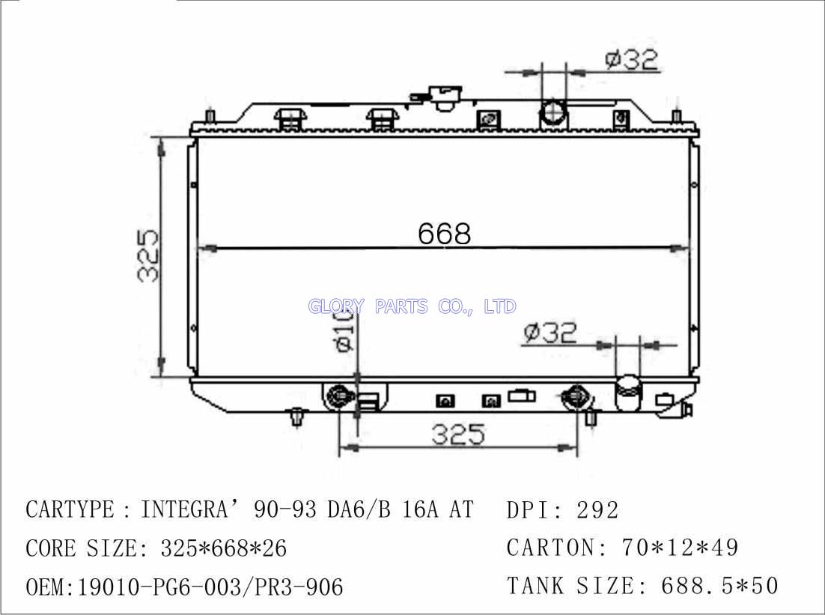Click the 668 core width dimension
coord(445,233)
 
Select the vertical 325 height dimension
coord(147,255)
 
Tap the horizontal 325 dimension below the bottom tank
coord(457,435)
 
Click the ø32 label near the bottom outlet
coord(550,333)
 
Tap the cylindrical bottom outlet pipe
coord(629,393)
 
